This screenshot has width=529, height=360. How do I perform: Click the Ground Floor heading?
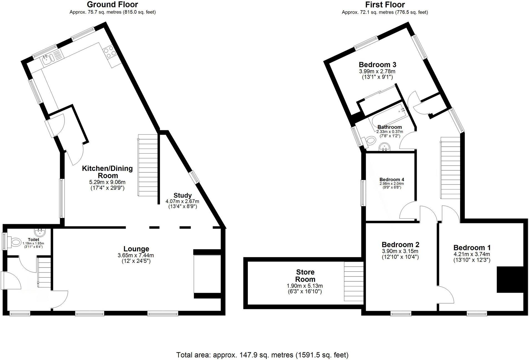coord(112,4)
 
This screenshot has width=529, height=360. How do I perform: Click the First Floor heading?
coord(385,4)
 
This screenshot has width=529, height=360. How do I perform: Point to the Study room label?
coord(183,195)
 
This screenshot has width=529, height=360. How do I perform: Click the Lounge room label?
coord(136,249)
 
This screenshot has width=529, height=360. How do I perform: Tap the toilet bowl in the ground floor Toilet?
coord(16,242)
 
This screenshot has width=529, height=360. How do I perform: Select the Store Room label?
coord(305,276)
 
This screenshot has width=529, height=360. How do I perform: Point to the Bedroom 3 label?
coord(377,65)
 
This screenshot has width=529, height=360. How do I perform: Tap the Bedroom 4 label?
coord(390,179)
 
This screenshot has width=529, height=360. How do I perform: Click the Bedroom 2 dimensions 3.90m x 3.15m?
coord(400,251)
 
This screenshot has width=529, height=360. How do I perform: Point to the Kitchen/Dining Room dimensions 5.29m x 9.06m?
coord(107,182)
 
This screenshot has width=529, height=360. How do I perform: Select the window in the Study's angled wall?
coord(194,177)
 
